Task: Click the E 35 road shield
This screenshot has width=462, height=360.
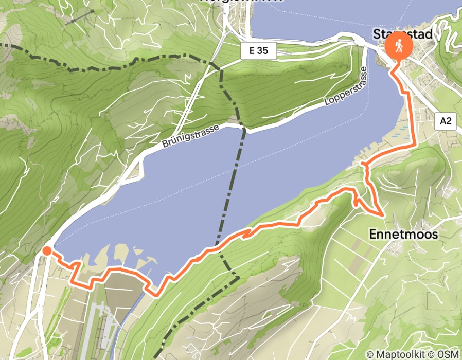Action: tap(259, 50)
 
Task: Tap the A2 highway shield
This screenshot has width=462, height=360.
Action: tap(446, 121)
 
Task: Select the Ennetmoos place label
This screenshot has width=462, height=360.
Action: tap(403, 235)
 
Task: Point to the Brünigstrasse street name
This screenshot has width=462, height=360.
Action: tap(190, 135)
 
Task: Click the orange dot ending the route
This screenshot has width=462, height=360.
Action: tap(47, 251)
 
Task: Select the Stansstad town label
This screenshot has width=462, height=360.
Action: tap(406, 34)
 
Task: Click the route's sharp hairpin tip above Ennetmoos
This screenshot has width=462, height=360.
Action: tap(381, 214)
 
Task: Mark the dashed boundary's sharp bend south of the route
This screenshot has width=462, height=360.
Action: tap(238, 278)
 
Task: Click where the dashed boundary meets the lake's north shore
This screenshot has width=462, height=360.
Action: tap(242, 130)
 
